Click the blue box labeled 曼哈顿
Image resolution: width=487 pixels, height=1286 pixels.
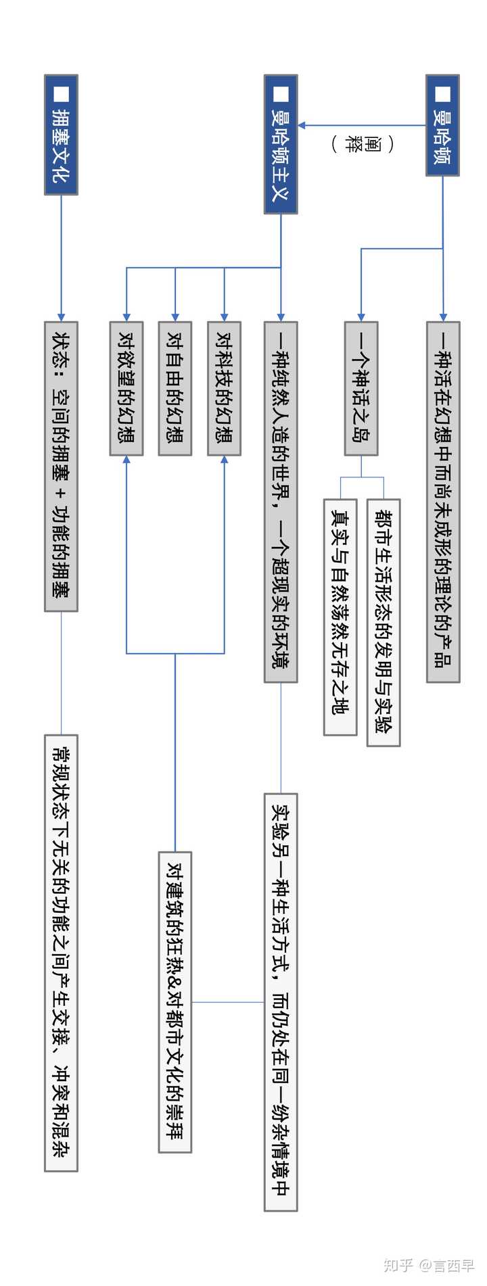[x=442, y=126]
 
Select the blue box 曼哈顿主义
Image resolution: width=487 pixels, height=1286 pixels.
[x=280, y=145]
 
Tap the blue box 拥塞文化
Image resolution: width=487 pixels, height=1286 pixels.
[x=61, y=135]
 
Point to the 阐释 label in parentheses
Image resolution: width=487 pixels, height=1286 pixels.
[x=363, y=144]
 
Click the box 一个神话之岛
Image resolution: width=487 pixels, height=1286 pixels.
[x=361, y=388]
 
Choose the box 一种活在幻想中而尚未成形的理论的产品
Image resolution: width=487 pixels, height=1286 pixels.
[x=443, y=502]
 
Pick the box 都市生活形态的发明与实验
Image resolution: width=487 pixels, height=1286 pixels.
[x=384, y=622]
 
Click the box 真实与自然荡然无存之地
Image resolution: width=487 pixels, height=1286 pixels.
[x=340, y=617]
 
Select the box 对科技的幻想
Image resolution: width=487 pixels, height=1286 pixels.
[x=224, y=388]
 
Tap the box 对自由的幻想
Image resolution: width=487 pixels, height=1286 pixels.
[x=175, y=388]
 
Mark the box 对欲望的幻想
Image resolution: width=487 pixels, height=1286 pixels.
[x=126, y=388]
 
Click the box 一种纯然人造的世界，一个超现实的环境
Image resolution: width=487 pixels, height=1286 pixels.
[x=281, y=502]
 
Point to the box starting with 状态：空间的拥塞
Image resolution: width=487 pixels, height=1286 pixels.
[x=61, y=467]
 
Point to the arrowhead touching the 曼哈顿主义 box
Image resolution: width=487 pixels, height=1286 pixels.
[x=302, y=125]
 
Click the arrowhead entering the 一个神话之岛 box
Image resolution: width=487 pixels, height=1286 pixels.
[x=361, y=317]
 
